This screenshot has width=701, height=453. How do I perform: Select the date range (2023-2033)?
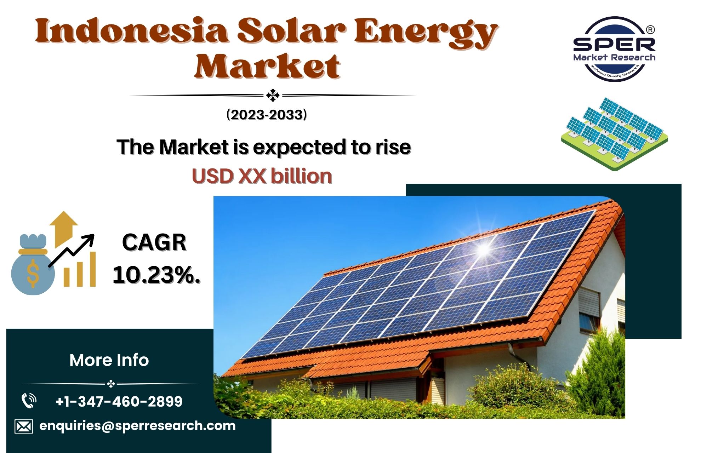(x=267, y=115)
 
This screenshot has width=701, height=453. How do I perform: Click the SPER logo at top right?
(x=614, y=49)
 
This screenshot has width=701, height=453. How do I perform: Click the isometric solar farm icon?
(x=614, y=134)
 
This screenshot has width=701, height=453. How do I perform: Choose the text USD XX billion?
(x=262, y=176)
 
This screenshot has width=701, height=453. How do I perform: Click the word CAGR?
(x=154, y=243)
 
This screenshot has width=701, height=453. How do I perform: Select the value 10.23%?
(x=156, y=275)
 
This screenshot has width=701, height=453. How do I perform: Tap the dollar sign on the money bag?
(x=33, y=273)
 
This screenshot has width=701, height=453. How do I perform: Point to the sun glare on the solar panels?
(x=483, y=248)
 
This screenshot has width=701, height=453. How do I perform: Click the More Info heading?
(x=109, y=360)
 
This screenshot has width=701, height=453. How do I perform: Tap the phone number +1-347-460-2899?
(x=119, y=401)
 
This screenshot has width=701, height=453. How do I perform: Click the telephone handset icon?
(x=29, y=401)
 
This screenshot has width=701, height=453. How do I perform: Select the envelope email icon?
(x=24, y=426)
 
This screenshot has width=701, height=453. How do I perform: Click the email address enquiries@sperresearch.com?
(x=137, y=426)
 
